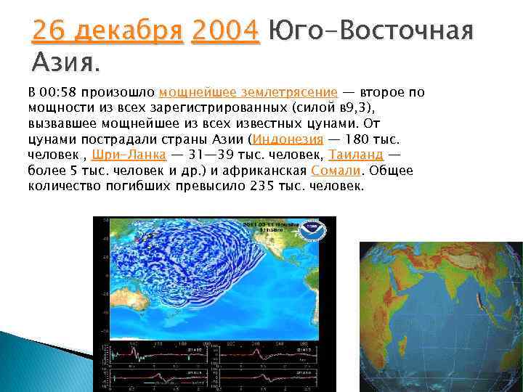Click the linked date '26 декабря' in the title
[108, 31]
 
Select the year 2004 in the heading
[224, 31]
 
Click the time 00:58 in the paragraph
[58, 93]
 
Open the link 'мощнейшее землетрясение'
[248, 93]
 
